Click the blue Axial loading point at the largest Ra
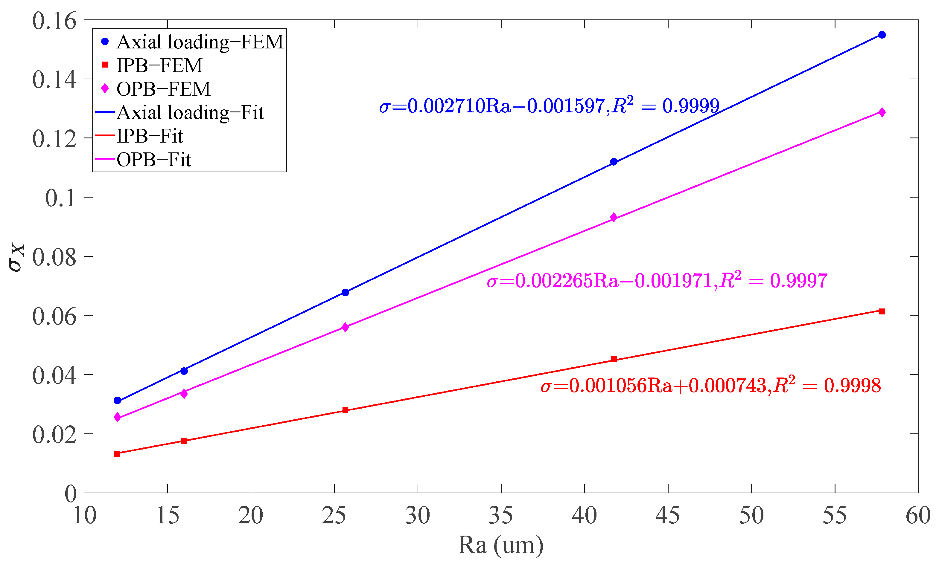pos(882,35)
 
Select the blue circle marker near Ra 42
pos(614,162)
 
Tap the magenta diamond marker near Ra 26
pos(345,327)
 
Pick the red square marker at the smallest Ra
pos(117,453)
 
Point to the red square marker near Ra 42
pos(614,359)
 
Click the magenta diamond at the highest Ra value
pos(882,112)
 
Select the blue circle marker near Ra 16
pos(184,371)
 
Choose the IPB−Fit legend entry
pos(149,136)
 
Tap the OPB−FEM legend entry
pos(163,89)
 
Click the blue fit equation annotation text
pos(549,106)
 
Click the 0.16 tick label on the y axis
pos(54,21)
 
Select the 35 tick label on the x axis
pos(501,515)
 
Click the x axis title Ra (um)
pos(501,545)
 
